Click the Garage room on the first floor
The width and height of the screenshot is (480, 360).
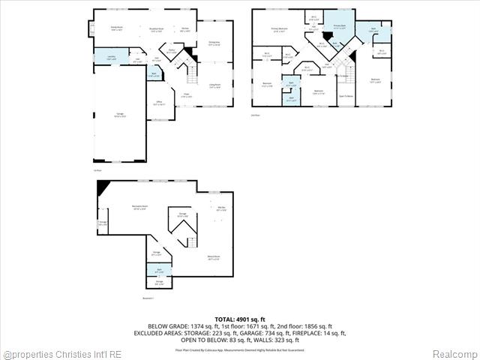(120, 115)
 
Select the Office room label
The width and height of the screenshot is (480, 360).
(158, 104)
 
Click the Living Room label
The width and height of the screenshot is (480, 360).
(214, 85)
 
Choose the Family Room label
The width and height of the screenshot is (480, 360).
(116, 28)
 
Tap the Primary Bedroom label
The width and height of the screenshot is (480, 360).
(279, 31)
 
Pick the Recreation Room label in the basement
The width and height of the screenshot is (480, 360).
(139, 206)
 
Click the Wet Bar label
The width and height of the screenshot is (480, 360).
(220, 209)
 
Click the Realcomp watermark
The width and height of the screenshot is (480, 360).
(453, 354)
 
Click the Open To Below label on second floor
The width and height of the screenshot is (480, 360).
(346, 97)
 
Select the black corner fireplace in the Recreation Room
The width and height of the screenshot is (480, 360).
(100, 187)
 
